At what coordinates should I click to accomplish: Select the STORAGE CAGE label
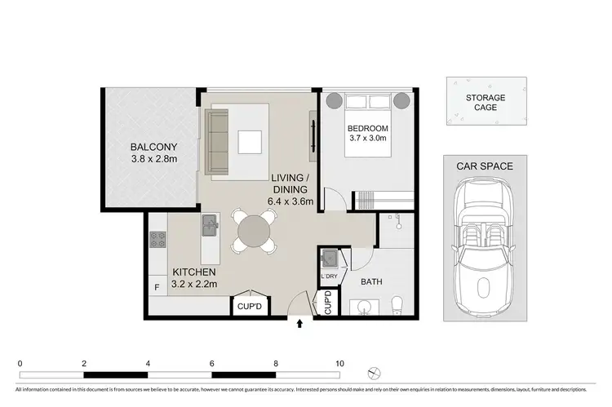click(486, 103)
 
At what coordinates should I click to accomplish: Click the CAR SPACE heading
click(485, 166)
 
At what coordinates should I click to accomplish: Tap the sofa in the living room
click(219, 143)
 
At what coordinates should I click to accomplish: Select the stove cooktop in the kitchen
click(157, 239)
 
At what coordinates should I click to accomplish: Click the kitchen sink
click(210, 223)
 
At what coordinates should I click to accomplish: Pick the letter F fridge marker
click(157, 287)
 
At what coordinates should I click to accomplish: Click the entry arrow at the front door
click(299, 324)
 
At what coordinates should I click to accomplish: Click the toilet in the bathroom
click(396, 305)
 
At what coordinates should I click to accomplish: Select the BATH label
click(373, 282)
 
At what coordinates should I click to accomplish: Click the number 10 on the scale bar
click(339, 363)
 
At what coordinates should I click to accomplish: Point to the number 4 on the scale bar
click(148, 363)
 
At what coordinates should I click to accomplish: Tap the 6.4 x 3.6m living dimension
click(291, 201)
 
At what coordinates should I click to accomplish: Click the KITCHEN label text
click(193, 272)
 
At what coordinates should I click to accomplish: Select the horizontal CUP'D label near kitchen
click(248, 307)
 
